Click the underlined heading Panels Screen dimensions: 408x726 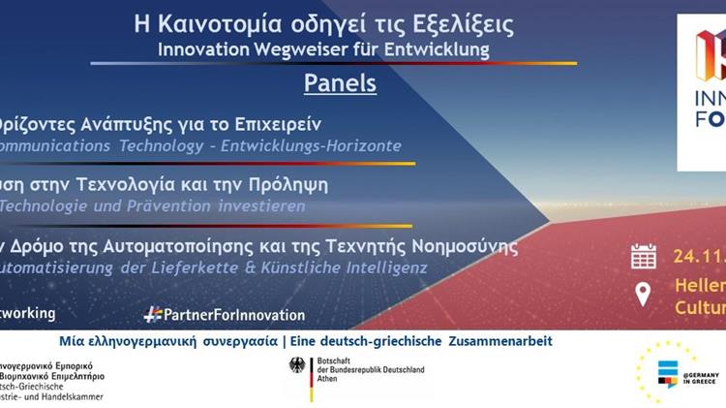click(x=340, y=82)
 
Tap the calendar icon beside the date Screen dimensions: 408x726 click(x=644, y=256)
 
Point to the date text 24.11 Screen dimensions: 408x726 click(x=698, y=257)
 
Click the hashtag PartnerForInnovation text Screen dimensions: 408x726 click(x=224, y=314)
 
